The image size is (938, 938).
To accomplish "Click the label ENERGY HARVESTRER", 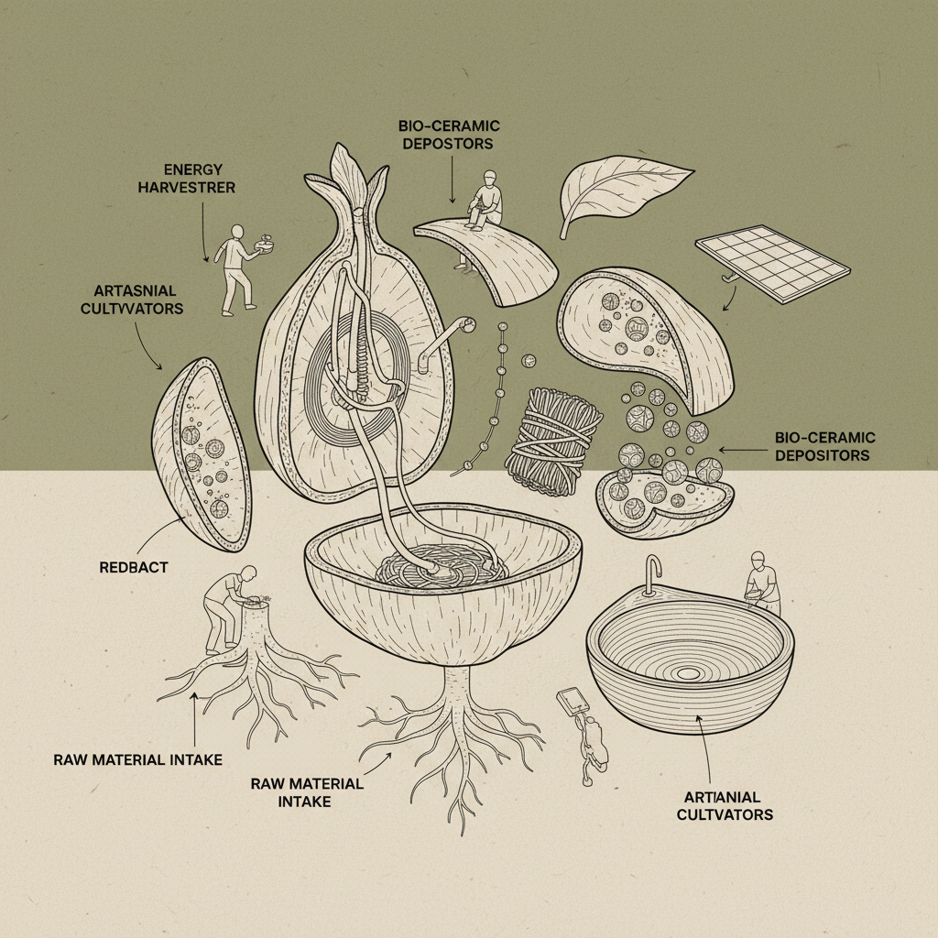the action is pyautogui.click(x=187, y=179).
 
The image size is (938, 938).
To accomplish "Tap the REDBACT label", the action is pyautogui.click(x=134, y=567).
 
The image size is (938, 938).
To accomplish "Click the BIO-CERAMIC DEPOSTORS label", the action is pyautogui.click(x=449, y=135).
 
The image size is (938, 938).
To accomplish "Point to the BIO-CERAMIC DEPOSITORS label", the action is pyautogui.click(x=824, y=446).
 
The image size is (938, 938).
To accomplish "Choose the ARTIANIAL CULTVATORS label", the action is pyautogui.click(x=725, y=806).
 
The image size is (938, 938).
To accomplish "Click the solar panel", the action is pyautogui.click(x=772, y=263).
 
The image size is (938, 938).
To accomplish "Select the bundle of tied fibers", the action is pyautogui.click(x=553, y=442).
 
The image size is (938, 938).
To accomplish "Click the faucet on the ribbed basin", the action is pyautogui.click(x=652, y=574).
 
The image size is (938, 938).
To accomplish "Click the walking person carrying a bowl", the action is pyautogui.click(x=239, y=268).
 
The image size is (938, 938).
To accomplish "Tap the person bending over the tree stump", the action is pyautogui.click(x=228, y=607).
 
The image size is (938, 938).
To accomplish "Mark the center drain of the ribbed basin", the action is pyautogui.click(x=688, y=673).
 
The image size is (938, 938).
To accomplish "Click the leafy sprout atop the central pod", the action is pyautogui.click(x=353, y=177).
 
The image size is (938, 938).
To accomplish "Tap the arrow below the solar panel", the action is pyautogui.click(x=730, y=298).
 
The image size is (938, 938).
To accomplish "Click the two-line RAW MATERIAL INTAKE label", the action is pyautogui.click(x=307, y=792).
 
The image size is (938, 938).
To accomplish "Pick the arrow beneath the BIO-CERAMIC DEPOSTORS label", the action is pyautogui.click(x=453, y=180).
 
